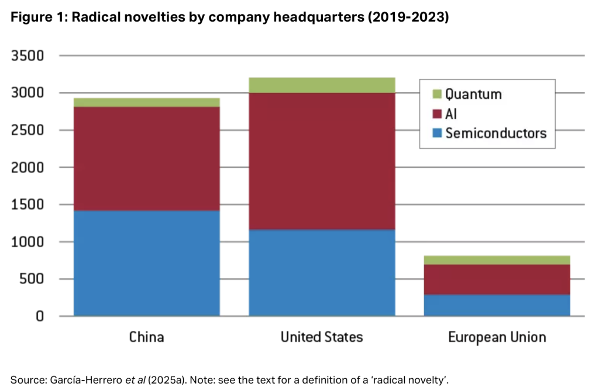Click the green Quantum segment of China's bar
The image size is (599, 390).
(x=146, y=102)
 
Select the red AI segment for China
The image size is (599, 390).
(x=146, y=158)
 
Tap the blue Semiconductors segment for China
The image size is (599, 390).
(x=146, y=264)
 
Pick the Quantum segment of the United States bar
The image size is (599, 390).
(x=322, y=85)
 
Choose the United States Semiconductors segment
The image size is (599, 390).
(x=322, y=272)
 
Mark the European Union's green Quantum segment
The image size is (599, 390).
(x=497, y=260)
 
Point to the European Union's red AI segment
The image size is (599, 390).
(x=497, y=279)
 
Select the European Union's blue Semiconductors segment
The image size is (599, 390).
(x=497, y=305)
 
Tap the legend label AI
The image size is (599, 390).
(x=451, y=114)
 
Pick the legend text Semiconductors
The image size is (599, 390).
(x=495, y=133)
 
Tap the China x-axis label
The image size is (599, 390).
(x=146, y=337)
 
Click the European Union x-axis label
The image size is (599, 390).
(x=497, y=337)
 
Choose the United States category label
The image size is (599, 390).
(x=322, y=337)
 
